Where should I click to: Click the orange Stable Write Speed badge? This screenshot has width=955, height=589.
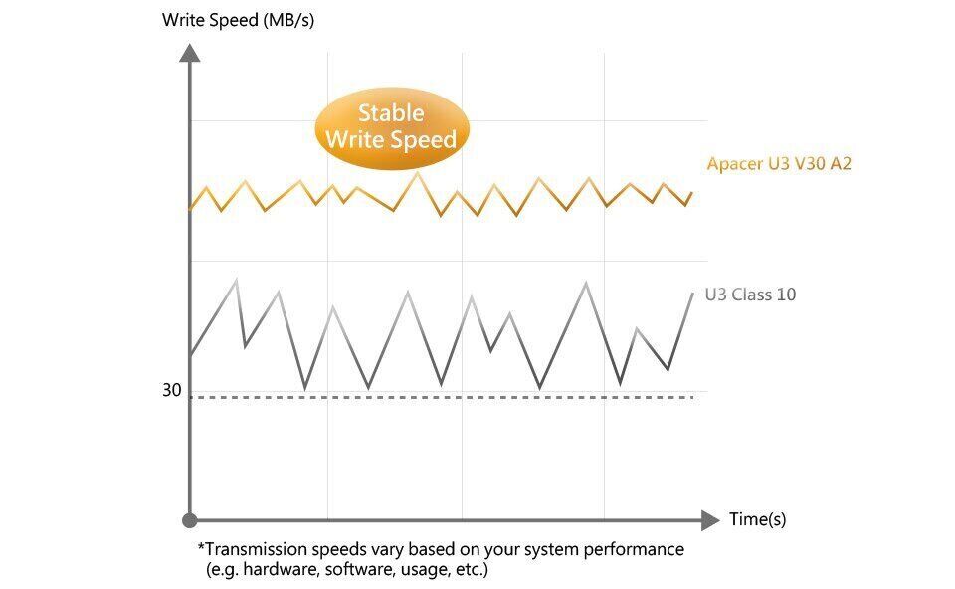point(390,127)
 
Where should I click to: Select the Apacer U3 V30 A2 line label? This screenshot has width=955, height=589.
point(779,164)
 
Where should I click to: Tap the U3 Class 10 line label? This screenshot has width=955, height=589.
point(750,294)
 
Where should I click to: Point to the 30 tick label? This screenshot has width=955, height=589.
point(172,391)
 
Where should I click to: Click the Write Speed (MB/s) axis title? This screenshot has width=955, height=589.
point(238,20)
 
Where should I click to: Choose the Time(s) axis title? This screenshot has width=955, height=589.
point(757,519)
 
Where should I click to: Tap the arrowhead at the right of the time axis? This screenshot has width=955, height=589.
point(710,519)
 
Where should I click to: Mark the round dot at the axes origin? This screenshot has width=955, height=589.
point(190,519)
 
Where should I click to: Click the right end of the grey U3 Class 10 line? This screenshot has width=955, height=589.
point(692,293)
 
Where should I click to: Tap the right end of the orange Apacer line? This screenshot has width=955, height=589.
point(692,192)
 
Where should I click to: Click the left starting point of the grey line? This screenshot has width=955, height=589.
point(190,355)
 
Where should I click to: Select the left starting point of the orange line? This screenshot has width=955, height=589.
point(190,209)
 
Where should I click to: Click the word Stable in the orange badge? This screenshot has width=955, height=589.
point(390,113)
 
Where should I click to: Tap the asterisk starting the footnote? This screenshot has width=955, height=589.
point(201,548)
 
